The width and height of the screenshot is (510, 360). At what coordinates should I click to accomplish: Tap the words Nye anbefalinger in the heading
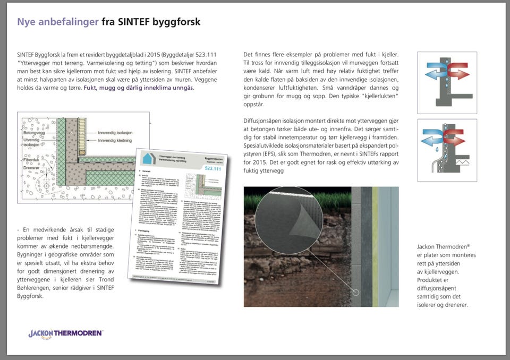57,22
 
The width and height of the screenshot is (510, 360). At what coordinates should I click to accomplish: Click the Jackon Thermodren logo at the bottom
65,333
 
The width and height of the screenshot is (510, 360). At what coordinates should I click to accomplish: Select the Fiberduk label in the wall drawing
32,159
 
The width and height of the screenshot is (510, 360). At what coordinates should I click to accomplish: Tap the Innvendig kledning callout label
121,141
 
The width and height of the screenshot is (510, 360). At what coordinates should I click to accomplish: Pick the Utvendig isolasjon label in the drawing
33,141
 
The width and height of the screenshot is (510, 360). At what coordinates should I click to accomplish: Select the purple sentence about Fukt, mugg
139,88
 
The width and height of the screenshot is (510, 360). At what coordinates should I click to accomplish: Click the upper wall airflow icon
446,82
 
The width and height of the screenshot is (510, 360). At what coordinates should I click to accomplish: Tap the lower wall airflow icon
446,143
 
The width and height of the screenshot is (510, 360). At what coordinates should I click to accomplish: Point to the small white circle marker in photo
356,292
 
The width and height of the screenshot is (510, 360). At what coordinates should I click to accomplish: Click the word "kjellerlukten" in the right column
376,96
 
